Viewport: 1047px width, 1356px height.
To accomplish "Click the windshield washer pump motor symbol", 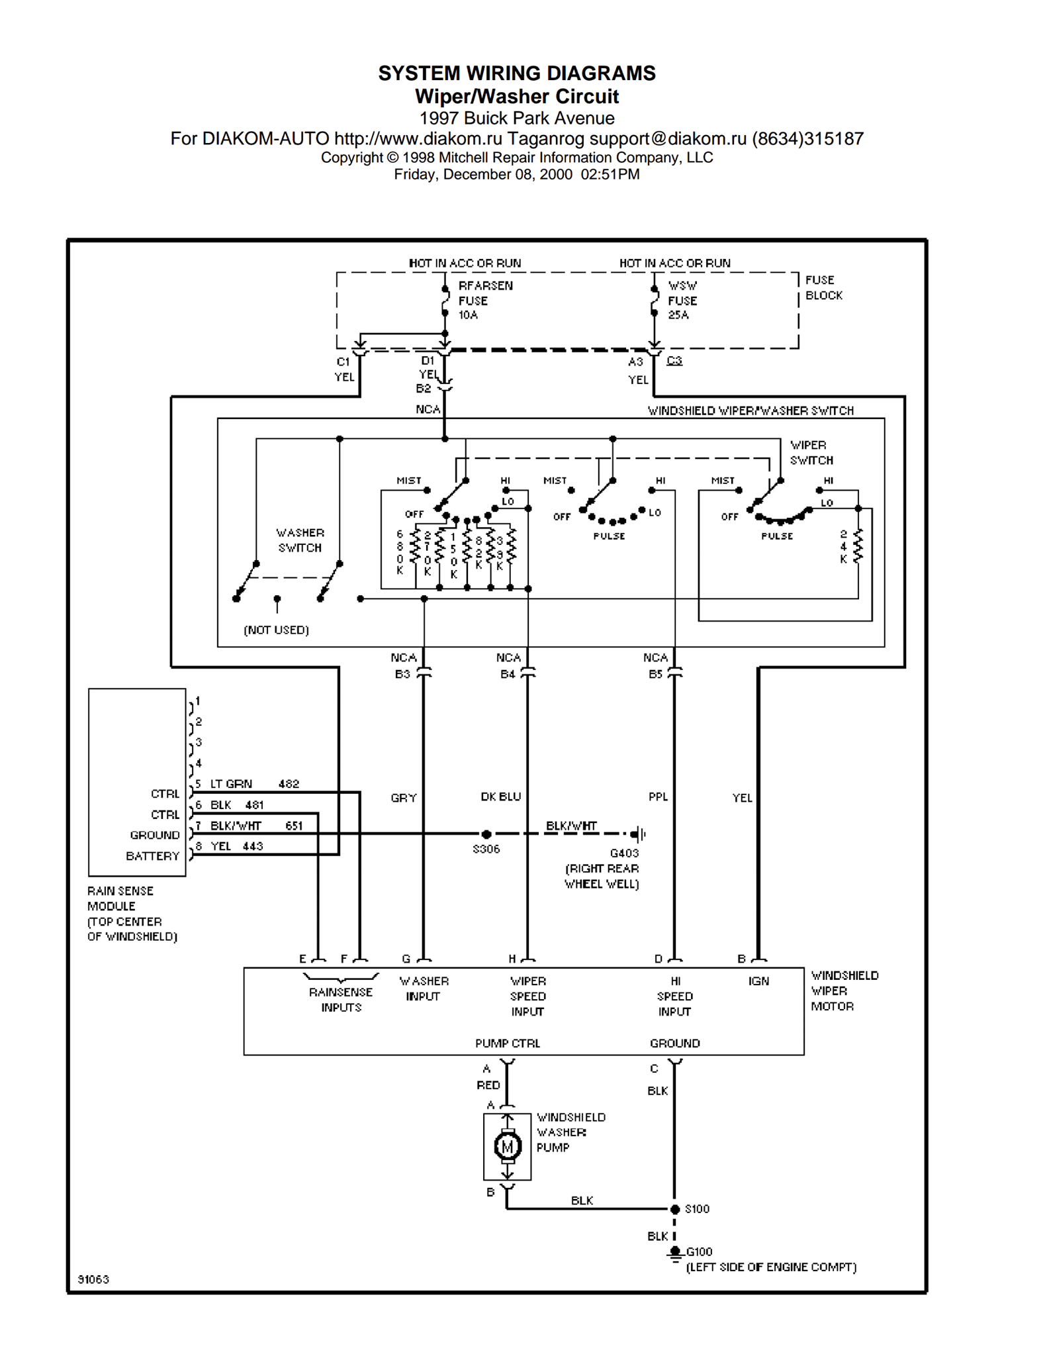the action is pyautogui.click(x=508, y=1146).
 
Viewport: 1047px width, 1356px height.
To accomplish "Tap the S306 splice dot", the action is pyautogui.click(x=486, y=834).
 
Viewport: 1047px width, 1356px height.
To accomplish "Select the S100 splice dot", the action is pyautogui.click(x=675, y=1209).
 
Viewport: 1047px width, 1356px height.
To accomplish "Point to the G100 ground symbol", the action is pyautogui.click(x=675, y=1253).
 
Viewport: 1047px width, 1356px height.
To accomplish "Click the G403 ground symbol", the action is pyautogui.click(x=639, y=834).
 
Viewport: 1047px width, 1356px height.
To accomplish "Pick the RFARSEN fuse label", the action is pyautogui.click(x=486, y=285).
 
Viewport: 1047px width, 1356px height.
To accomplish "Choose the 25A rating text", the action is pyautogui.click(x=678, y=315).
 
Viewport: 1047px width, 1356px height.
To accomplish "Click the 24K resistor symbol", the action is pyautogui.click(x=858, y=546).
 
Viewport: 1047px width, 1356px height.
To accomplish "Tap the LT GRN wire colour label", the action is pyautogui.click(x=231, y=784).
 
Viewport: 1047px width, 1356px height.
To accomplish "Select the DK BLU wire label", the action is pyautogui.click(x=501, y=797).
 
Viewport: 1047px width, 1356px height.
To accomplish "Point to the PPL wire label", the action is pyautogui.click(x=659, y=797).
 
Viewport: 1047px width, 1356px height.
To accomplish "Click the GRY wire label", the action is pyautogui.click(x=404, y=798).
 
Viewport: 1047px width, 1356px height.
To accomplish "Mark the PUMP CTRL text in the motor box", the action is pyautogui.click(x=508, y=1043).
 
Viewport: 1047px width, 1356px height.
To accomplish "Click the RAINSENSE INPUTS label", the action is pyautogui.click(x=341, y=1000).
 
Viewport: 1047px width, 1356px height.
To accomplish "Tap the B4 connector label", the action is pyautogui.click(x=508, y=674).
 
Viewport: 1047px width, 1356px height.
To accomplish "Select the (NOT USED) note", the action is pyautogui.click(x=277, y=630).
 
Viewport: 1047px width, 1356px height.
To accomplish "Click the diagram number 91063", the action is pyautogui.click(x=93, y=1279).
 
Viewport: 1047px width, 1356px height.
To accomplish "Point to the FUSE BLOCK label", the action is pyautogui.click(x=824, y=287).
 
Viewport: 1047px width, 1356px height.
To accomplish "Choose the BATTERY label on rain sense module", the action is pyautogui.click(x=153, y=856).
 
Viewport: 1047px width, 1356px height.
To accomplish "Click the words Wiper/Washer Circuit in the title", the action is pyautogui.click(x=517, y=97).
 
